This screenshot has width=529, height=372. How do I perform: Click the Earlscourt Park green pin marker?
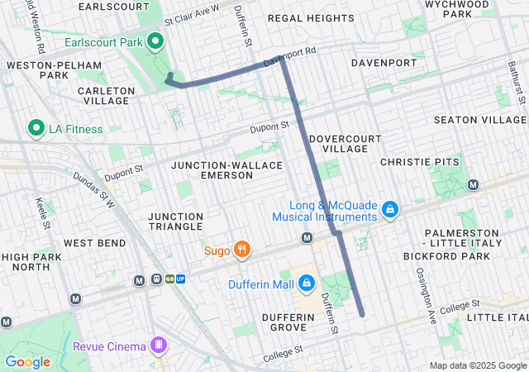click(x=155, y=41)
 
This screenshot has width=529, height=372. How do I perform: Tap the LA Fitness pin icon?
click(x=36, y=128)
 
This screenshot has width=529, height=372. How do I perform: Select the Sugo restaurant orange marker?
click(x=241, y=248)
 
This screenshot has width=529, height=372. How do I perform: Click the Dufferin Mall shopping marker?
click(x=306, y=284)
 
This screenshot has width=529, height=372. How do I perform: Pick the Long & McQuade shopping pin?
click(x=390, y=211)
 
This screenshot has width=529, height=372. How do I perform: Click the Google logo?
click(x=28, y=361)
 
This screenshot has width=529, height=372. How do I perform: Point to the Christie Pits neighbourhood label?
click(x=418, y=162)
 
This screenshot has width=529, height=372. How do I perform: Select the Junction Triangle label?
click(x=175, y=221)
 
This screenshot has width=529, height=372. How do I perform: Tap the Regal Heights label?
click(x=312, y=17)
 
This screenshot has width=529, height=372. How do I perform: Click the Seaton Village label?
click(x=479, y=120)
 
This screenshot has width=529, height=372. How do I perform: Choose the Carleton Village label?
click(x=105, y=95)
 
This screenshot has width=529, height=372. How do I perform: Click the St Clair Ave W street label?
click(x=192, y=14)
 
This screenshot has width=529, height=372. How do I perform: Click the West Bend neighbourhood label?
click(x=95, y=243)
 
